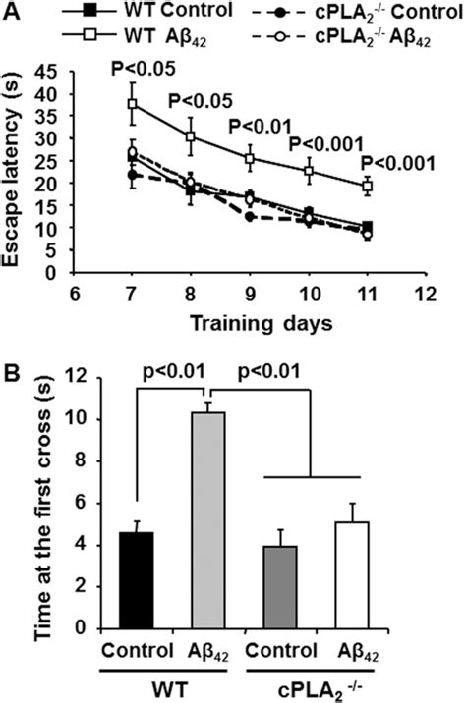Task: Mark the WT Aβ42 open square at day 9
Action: pos(251,158)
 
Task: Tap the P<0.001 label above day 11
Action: pos(398,163)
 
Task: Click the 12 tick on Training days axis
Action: pos(426,293)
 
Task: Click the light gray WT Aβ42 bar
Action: pos(207,519)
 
